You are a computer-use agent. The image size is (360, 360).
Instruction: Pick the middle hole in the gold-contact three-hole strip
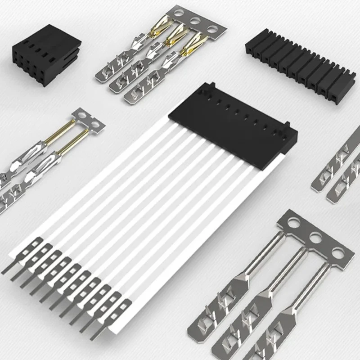click(x=195, y=21)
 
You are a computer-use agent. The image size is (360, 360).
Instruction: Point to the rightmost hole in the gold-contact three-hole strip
click(x=212, y=29)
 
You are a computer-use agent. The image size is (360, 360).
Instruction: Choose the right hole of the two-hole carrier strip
click(x=95, y=122)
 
